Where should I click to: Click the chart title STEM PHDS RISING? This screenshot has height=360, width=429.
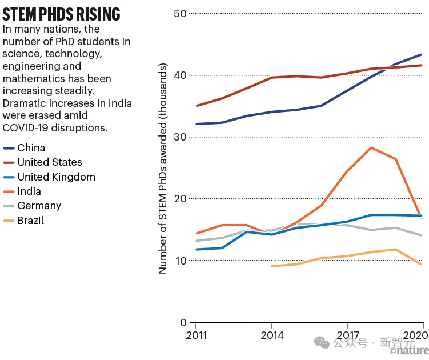coord(61,14)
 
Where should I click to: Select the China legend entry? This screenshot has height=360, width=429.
coord(31,148)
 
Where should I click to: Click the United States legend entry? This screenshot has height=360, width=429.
coord(50,163)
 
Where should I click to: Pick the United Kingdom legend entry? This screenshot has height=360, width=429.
coord(56,177)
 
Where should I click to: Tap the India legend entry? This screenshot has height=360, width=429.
coord(29,191)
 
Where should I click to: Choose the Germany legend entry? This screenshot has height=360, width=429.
coord(39,206)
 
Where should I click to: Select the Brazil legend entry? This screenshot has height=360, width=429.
coord(31,221)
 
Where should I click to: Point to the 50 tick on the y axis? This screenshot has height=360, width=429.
coord(180,13)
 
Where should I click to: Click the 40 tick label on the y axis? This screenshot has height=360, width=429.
coord(180,75)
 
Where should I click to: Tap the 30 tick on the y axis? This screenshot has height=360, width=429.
coord(180,137)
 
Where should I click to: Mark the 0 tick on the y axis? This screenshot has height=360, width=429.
coord(183,322)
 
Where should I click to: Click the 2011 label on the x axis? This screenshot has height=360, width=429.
coord(197,335)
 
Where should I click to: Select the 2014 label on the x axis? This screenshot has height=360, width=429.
coord(271,335)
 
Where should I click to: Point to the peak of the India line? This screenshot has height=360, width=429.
coord(371,147)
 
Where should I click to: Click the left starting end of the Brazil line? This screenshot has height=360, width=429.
coord(272,266)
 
